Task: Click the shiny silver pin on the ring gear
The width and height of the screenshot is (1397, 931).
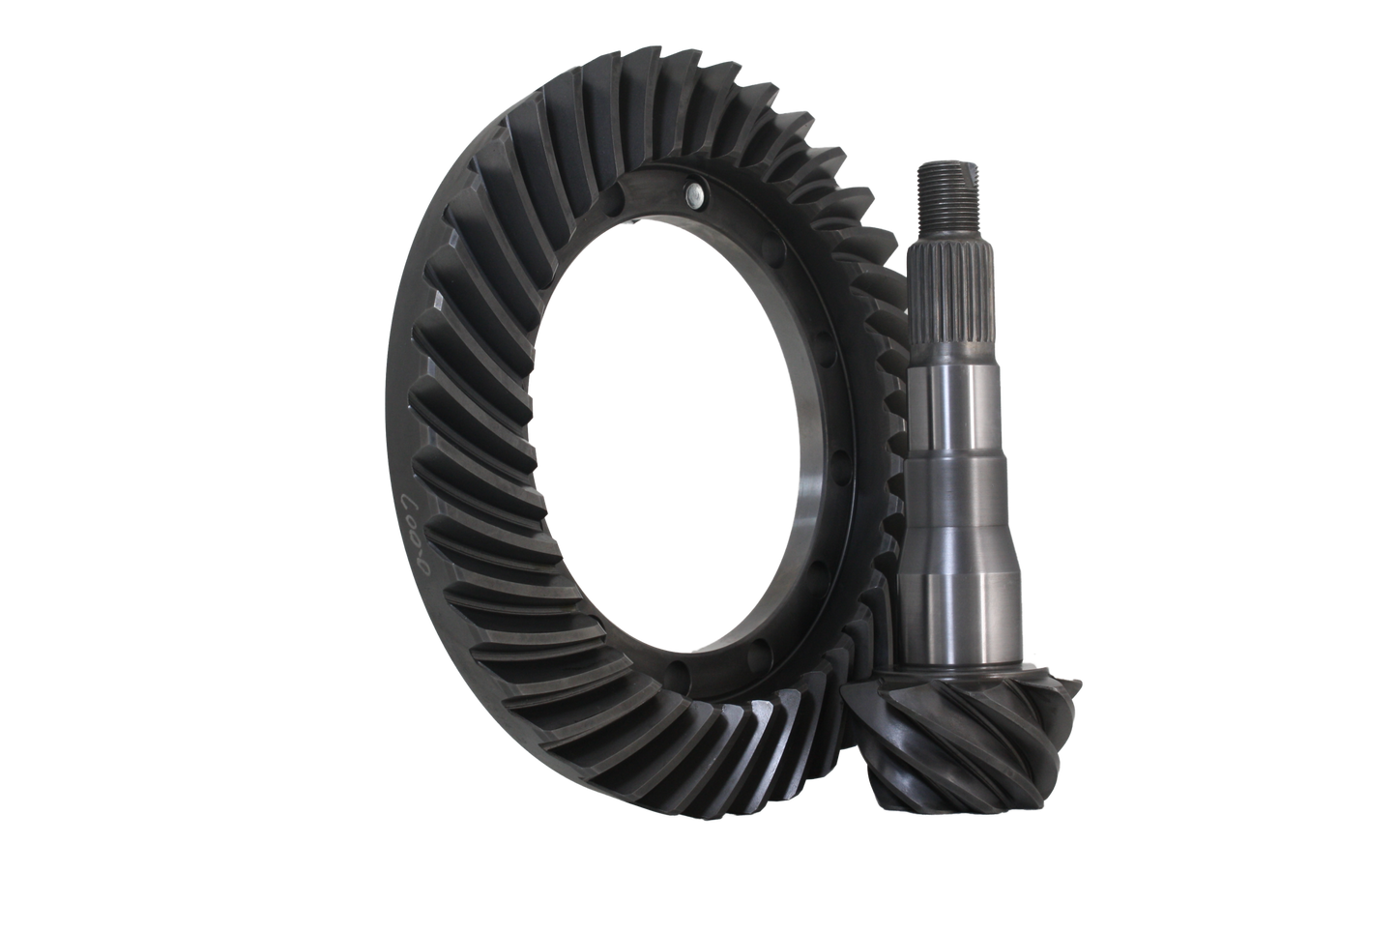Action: (689, 196)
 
